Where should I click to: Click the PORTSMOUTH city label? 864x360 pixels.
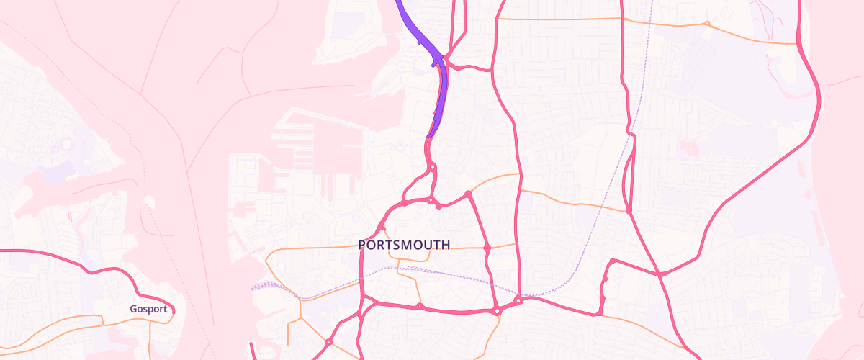[x=404, y=245]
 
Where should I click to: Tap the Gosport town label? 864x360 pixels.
[x=149, y=309]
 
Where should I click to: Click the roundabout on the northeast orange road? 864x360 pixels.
[x=707, y=24]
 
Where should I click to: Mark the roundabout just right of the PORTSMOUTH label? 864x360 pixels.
[x=487, y=248]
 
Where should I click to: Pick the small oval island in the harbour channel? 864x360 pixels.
[x=149, y=201]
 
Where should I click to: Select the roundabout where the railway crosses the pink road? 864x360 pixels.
[x=518, y=299]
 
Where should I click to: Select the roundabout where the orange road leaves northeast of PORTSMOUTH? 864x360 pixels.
[x=468, y=193]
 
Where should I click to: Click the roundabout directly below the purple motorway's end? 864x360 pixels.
[x=432, y=168]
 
